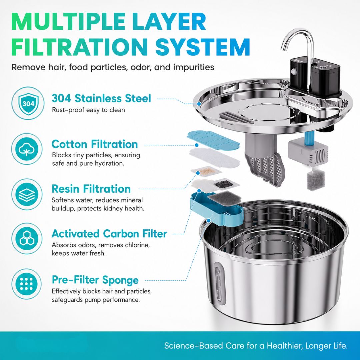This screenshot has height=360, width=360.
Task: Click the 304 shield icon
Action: [x=28, y=103]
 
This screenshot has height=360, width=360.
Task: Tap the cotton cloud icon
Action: [x=27, y=149]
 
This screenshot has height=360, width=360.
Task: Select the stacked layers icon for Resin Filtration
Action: [x=27, y=194]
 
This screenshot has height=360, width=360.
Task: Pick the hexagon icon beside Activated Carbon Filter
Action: [x=27, y=239]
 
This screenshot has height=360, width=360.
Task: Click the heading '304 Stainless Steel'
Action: [x=101, y=98]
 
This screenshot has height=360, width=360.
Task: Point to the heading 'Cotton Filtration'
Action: [x=95, y=144]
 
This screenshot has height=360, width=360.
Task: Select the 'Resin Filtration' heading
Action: [x=91, y=189]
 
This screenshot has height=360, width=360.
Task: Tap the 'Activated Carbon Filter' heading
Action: [x=109, y=234]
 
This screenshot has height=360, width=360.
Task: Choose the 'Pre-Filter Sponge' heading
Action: [x=95, y=280]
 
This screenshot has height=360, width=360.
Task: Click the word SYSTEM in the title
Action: [x=203, y=47]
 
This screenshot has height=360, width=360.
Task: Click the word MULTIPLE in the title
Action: [x=69, y=21]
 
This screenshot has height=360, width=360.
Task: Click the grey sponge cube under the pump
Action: [x=316, y=181]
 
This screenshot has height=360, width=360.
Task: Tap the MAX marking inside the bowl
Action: [x=312, y=218]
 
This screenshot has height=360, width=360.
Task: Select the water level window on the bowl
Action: [x=219, y=284]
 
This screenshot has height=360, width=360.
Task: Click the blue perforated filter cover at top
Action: [x=213, y=139]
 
